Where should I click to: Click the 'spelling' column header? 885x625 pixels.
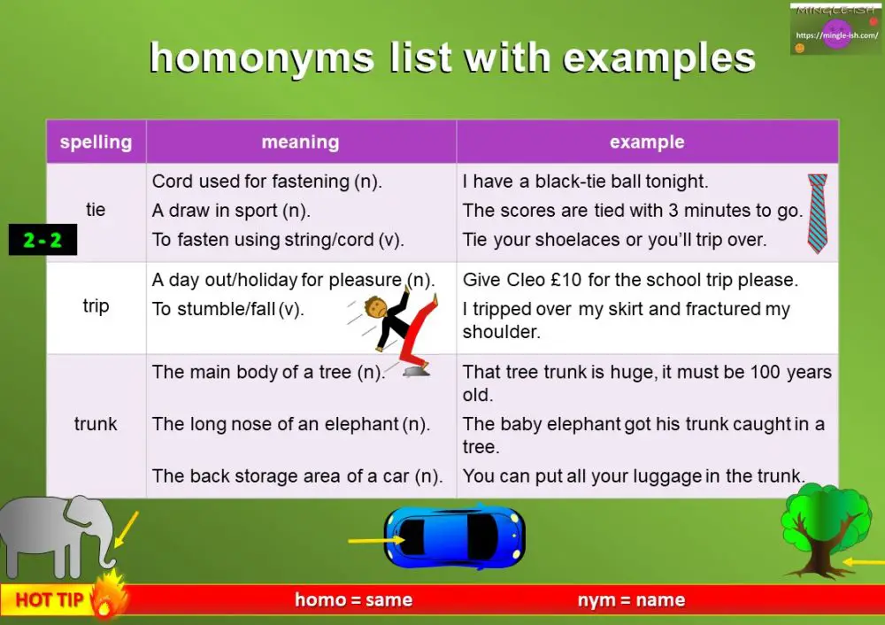tap(96, 142)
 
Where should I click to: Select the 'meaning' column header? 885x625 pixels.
tap(300, 142)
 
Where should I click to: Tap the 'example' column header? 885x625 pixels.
tap(647, 142)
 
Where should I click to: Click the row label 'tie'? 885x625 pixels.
tap(96, 210)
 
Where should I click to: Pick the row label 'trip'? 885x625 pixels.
tap(96, 306)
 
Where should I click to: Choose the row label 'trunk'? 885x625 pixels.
tap(96, 424)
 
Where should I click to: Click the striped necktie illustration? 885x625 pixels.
tap(817, 213)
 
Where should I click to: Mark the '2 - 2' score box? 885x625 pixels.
tap(42, 240)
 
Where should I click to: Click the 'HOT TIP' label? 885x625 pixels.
tap(50, 600)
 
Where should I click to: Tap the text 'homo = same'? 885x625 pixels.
tap(354, 600)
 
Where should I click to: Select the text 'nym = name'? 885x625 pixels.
tap(631, 600)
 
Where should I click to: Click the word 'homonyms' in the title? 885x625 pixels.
tap(262, 59)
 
